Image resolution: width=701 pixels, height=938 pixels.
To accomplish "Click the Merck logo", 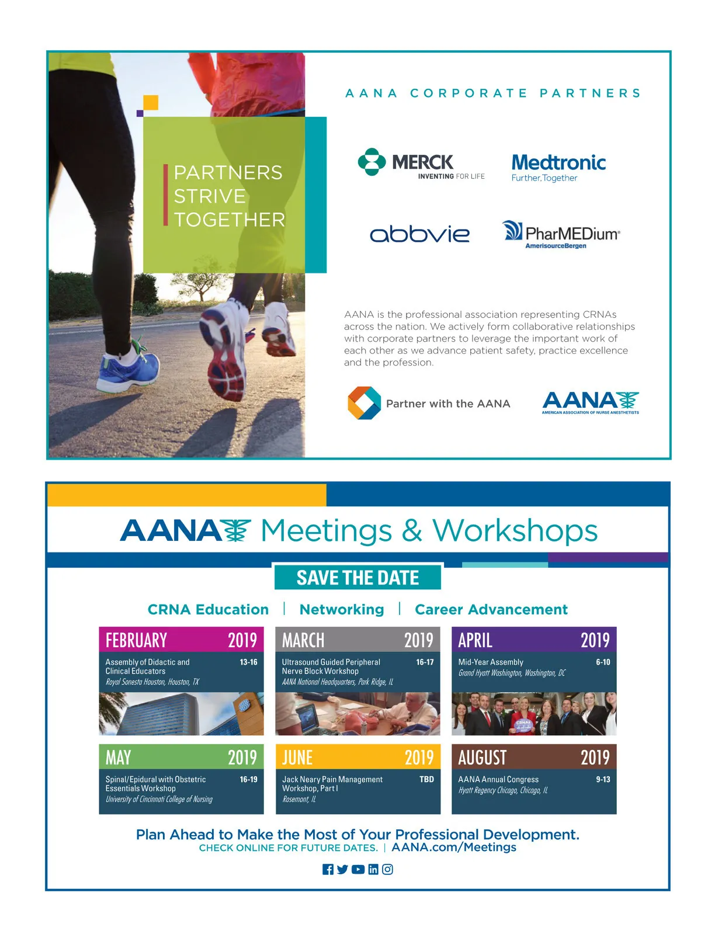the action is (421, 163).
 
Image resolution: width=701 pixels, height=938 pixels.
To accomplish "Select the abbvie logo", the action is (419, 234).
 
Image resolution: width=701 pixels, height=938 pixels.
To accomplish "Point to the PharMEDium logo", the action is (561, 234).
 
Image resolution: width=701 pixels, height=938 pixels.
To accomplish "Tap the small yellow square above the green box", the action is (151, 103).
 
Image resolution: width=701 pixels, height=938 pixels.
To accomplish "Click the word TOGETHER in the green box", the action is (230, 220).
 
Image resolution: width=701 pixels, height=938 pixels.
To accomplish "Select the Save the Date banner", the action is (358, 577).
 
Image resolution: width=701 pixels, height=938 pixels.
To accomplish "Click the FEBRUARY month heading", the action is (136, 640).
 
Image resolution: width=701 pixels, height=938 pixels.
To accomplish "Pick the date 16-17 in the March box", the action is (425, 662).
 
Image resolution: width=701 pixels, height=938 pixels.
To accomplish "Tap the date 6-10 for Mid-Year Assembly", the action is (603, 662).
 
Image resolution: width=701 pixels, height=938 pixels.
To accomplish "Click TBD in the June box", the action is (426, 779).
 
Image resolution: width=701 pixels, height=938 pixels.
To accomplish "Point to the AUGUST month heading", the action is (482, 758).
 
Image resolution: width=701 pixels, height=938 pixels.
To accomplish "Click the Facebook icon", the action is (328, 869).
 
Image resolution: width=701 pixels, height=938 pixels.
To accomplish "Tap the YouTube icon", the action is (358, 869).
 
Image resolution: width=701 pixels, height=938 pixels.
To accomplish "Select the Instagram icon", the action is (387, 869).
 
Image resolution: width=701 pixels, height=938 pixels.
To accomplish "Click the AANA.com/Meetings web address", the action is (453, 847).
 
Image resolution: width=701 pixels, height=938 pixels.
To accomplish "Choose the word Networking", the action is (342, 609).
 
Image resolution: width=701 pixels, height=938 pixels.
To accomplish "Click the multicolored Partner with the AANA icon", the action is (364, 403).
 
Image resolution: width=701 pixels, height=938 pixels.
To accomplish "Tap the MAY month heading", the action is (118, 758).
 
